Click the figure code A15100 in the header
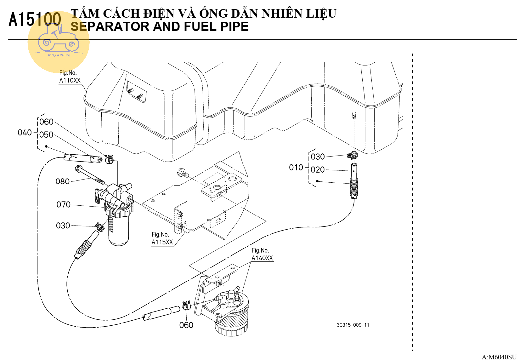tap(35, 19)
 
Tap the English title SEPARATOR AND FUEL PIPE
tap(159, 27)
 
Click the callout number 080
tap(62, 181)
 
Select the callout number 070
tap(63, 205)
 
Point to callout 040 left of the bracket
tap(25, 133)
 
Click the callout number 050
tap(46, 135)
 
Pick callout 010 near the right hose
tap(296, 168)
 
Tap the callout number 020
tap(317, 170)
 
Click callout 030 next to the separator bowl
tap(63, 226)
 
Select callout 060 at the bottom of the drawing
tap(186, 325)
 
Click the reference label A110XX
tap(70, 81)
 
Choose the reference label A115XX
tap(162, 242)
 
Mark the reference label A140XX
tap(262, 258)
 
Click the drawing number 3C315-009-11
tap(353, 325)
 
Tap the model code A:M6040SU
tap(499, 357)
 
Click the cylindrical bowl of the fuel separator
tap(119, 230)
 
